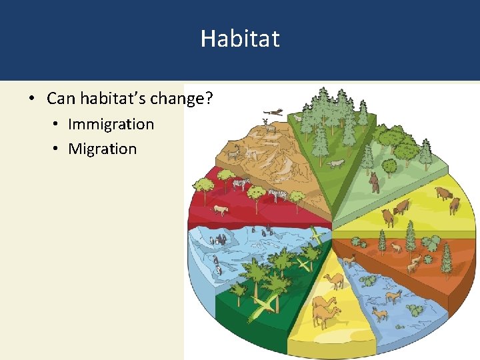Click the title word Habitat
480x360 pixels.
point(240,38)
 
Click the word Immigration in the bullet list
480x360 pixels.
point(111,124)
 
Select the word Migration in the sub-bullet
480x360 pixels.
point(102,149)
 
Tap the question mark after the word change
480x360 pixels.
point(209,99)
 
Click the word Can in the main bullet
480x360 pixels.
point(61,99)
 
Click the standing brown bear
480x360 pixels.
point(375,182)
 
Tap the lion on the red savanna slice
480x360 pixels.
point(219,211)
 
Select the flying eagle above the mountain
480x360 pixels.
point(273,112)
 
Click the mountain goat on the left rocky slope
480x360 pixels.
point(233,155)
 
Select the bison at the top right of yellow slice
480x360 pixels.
point(443,194)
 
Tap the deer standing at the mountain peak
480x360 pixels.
point(267,124)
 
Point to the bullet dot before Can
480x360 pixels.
point(31,100)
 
